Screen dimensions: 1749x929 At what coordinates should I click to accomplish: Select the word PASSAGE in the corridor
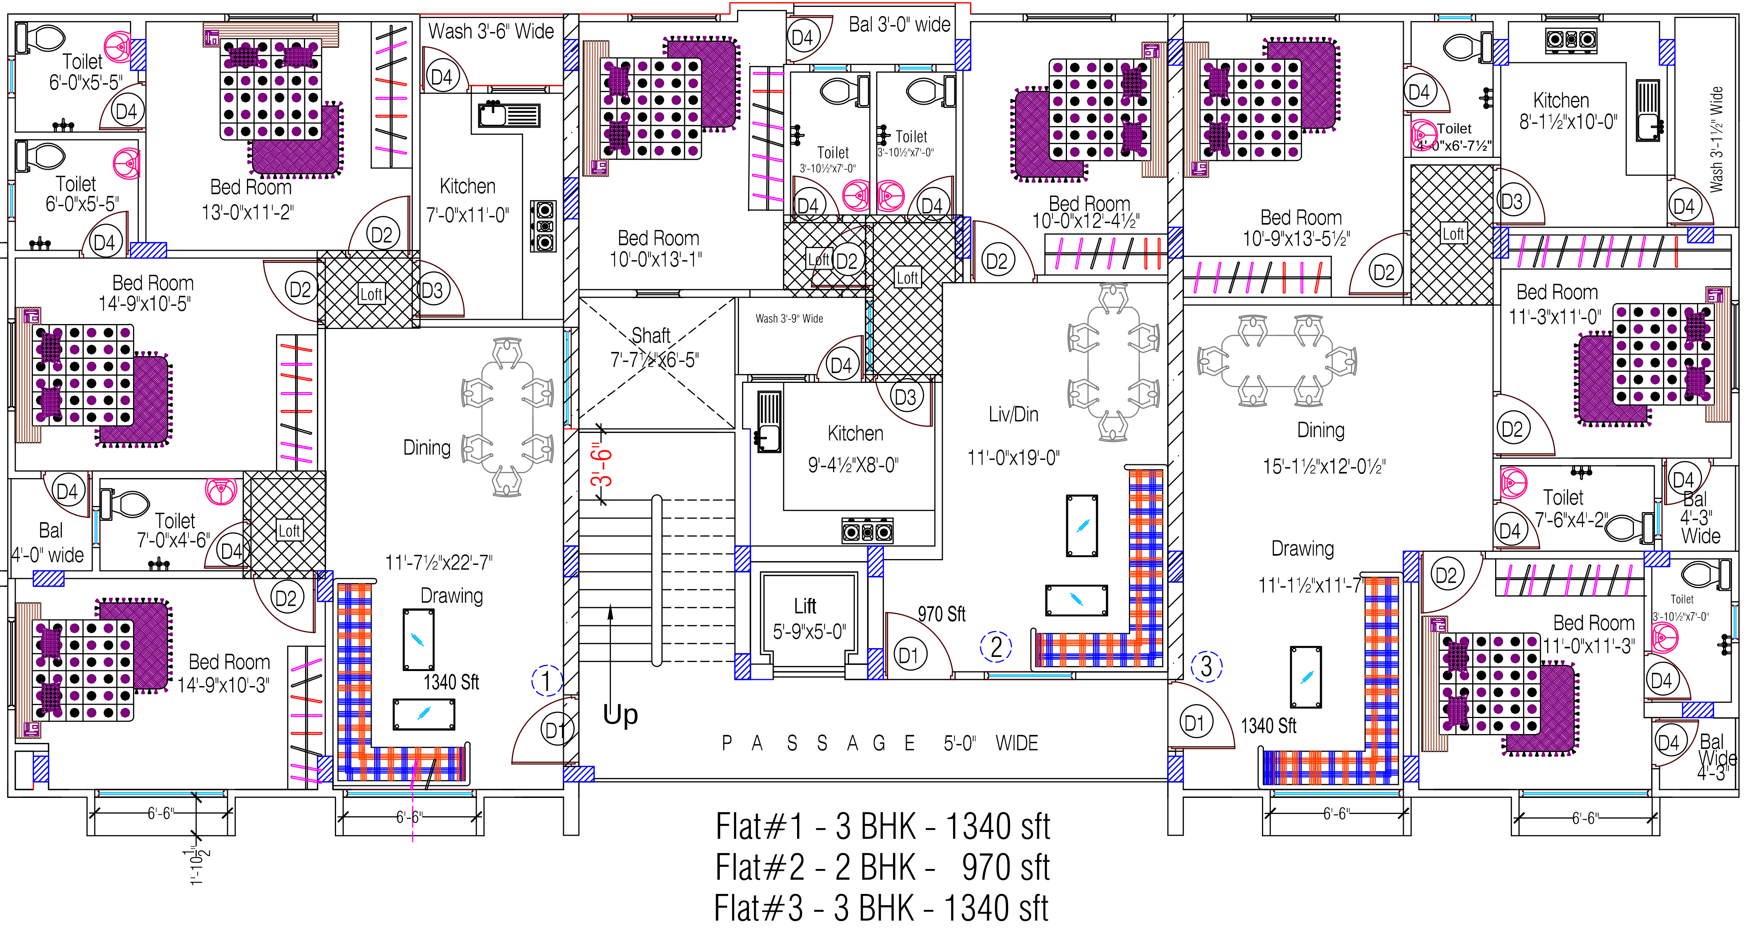click(x=818, y=744)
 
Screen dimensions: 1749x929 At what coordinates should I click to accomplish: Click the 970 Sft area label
click(x=942, y=614)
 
